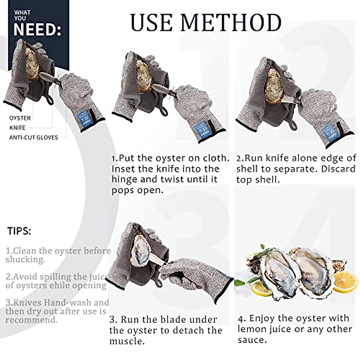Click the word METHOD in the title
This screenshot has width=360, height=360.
click(x=231, y=22)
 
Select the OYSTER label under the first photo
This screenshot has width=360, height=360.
click(x=20, y=118)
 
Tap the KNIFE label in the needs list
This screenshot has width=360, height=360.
click(x=17, y=127)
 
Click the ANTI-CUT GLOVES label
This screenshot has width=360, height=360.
click(x=33, y=137)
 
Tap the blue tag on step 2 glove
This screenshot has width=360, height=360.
click(x=328, y=131)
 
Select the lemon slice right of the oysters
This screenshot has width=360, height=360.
click(x=346, y=281)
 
